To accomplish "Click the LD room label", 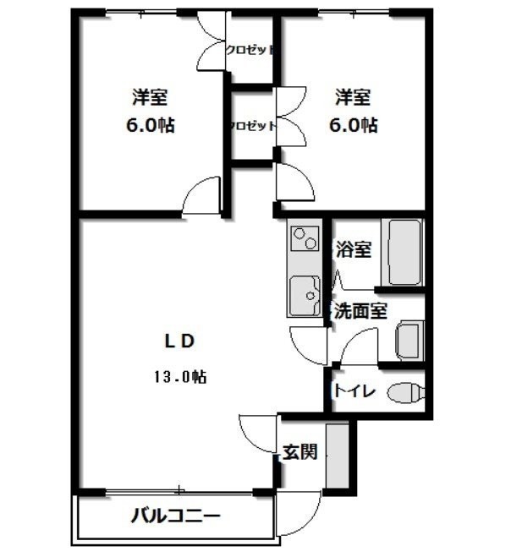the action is point(179,341).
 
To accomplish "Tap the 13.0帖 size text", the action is point(180,376).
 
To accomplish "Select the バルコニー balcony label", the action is point(176,516).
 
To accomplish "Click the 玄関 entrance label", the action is point(299,452).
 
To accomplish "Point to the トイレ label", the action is point(354,391).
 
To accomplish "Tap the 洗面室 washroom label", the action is point(360,311).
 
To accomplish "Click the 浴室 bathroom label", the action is point(354,249).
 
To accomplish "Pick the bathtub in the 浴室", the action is point(403,253).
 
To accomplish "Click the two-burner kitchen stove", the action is point(305,238).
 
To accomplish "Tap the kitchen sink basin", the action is point(305,296).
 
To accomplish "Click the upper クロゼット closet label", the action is point(250,50).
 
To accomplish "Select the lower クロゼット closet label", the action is point(253,126).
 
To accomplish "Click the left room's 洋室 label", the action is point(150,97).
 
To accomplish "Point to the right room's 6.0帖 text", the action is point(354,125).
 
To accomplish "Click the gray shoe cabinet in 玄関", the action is point(338,456).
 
